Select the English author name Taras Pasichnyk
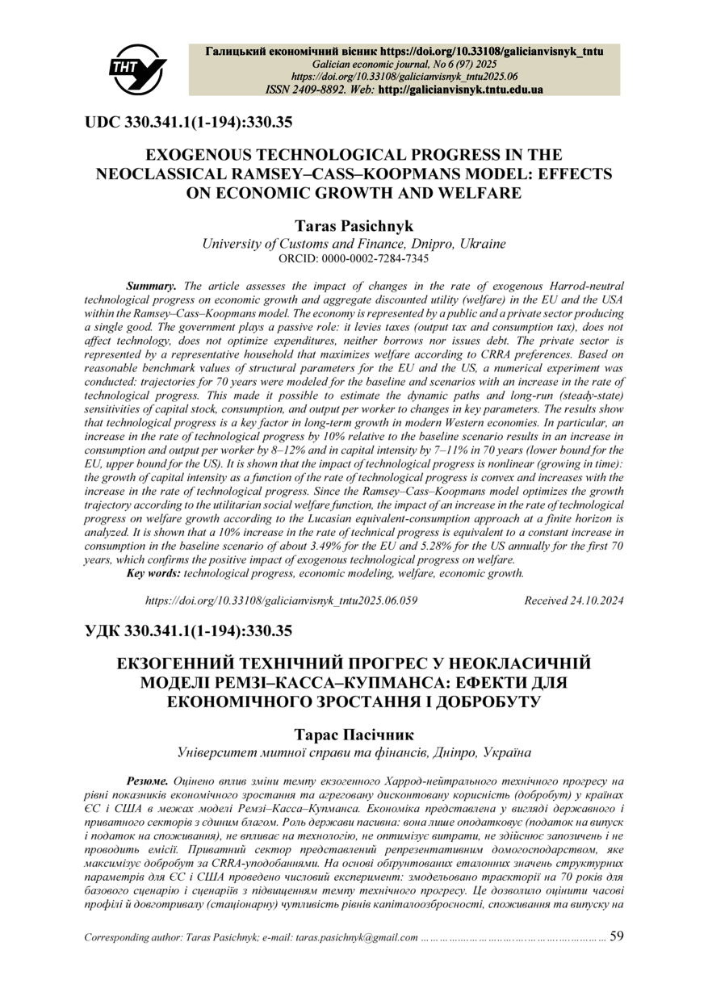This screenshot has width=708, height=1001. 354,227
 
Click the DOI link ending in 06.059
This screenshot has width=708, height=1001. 281,601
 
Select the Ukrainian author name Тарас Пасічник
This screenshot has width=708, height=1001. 354,735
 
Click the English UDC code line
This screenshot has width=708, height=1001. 188,124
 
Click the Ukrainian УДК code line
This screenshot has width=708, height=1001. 188,630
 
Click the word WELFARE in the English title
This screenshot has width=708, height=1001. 474,192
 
